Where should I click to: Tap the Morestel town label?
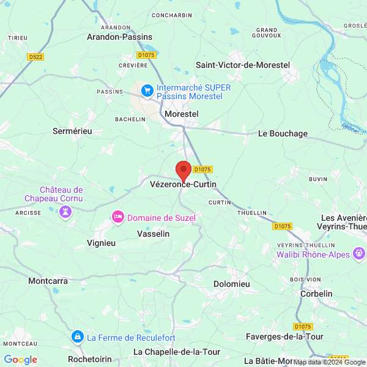point(182,114)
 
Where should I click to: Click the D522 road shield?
point(35,57)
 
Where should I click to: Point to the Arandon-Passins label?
point(119,37)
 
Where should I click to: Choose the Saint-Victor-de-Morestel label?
point(242,65)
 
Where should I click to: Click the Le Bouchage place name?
point(283,133)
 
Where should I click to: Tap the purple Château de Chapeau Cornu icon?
point(65,211)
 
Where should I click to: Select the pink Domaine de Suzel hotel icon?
point(117,217)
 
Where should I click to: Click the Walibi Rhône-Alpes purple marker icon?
point(360,254)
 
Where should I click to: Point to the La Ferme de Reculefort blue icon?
point(78,337)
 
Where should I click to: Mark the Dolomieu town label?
point(232,284)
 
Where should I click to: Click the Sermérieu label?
point(72,131)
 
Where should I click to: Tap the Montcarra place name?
point(48,281)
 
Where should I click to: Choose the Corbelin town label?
point(316,294)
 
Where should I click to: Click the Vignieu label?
point(101,242)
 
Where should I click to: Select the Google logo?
point(21,360)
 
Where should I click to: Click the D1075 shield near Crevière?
point(147,55)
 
